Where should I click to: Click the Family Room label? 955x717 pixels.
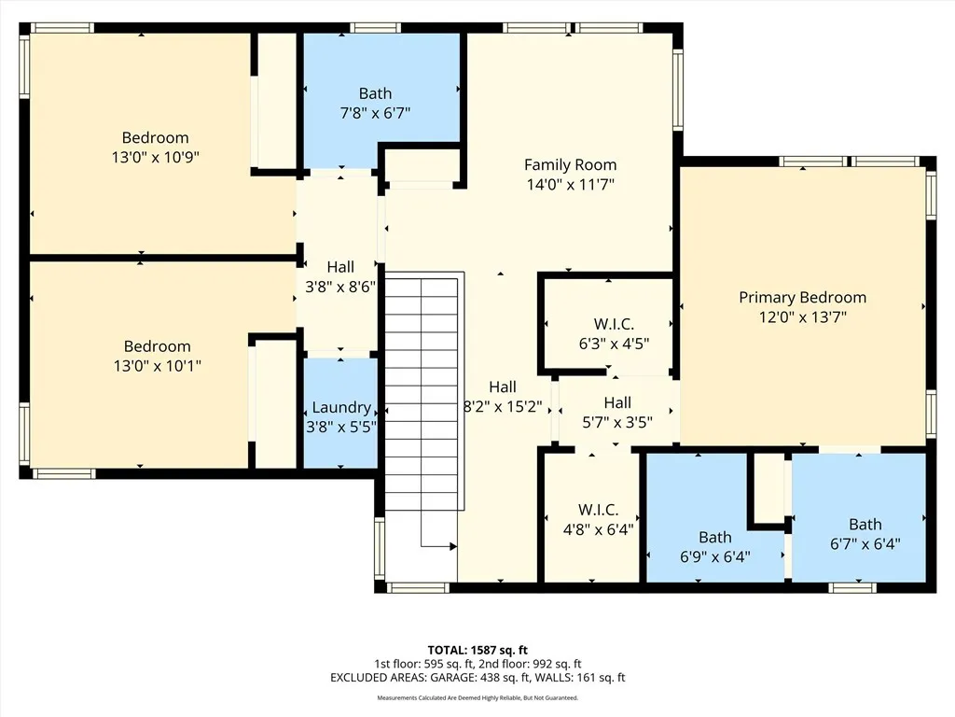pos(570,164)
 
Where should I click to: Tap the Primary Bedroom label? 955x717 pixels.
pos(802,297)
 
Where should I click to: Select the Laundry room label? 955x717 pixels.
pos(340,407)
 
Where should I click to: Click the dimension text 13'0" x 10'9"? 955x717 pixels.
pos(155,157)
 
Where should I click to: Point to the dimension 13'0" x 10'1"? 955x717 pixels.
pos(157,366)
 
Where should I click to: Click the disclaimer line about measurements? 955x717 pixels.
pos(477,697)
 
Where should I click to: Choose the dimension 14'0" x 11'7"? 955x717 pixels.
pos(570,185)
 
